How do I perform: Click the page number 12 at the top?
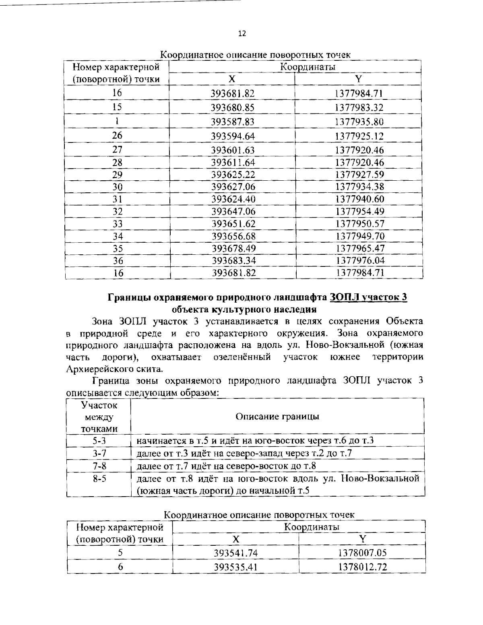(x=242, y=33)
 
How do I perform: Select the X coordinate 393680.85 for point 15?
(x=233, y=108)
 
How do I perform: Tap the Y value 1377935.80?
(x=359, y=122)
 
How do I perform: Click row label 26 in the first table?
(x=117, y=136)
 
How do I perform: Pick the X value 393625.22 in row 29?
(x=233, y=175)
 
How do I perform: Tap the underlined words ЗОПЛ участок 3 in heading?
(x=368, y=297)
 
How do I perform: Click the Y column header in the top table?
(x=358, y=78)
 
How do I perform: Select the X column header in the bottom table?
(x=236, y=539)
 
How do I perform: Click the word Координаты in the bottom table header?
(x=312, y=527)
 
